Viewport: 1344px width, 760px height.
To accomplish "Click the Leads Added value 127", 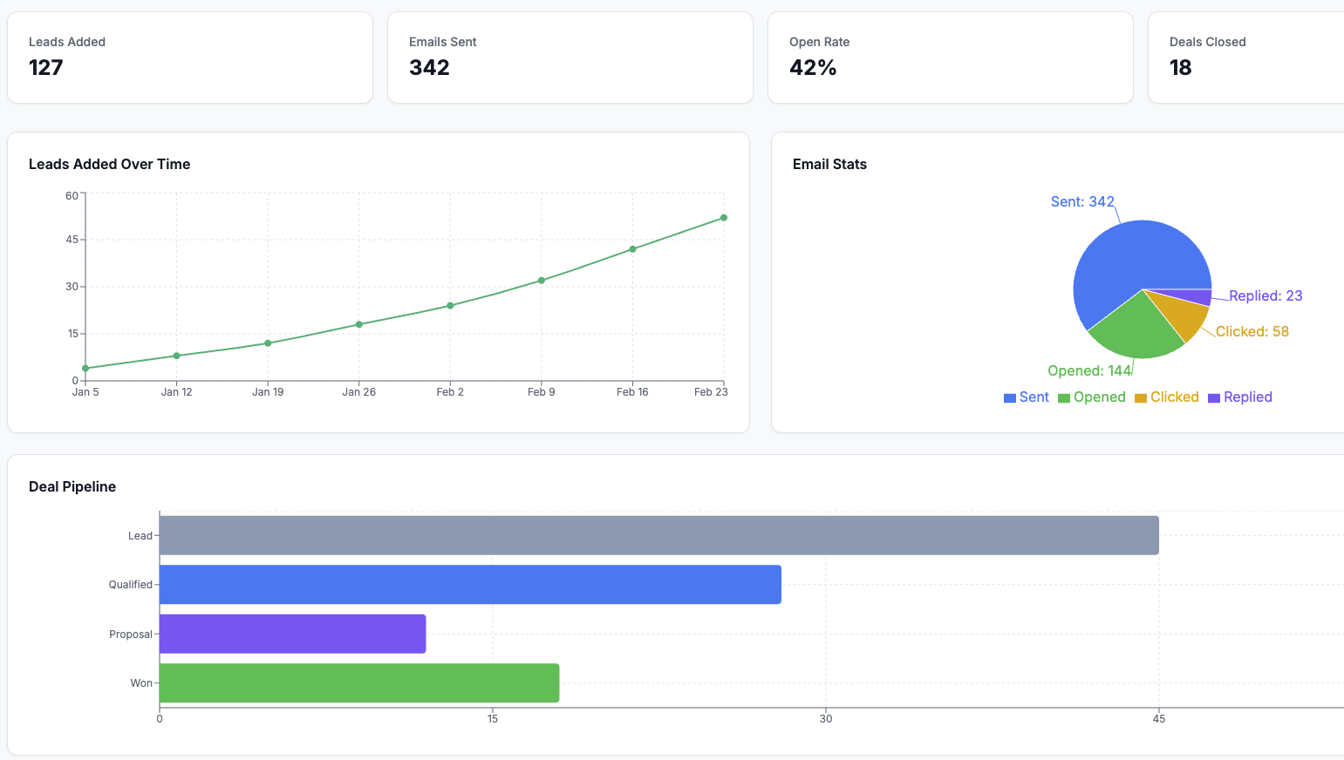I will pos(46,68).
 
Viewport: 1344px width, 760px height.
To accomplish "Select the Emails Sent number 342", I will pos(429,68).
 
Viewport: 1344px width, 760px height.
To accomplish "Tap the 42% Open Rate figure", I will pos(813,68).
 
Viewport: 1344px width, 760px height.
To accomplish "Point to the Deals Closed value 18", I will pos(1180,68).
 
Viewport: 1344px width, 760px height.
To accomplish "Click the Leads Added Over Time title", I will pos(109,164).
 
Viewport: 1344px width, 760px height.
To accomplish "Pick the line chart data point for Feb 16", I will pos(632,249).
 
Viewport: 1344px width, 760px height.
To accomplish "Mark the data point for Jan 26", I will pos(358,324).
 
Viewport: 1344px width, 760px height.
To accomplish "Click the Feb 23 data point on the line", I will pos(724,218).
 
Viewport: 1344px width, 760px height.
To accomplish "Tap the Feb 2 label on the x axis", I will pos(450,392).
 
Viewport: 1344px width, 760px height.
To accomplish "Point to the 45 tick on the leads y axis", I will pos(72,240).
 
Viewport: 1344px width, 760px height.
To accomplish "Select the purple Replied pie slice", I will pos(1200,297).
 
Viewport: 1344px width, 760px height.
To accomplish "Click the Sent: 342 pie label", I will pos(1082,201).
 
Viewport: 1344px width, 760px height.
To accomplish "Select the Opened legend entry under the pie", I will pos(1092,397).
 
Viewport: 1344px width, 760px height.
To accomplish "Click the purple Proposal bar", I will pos(292,634).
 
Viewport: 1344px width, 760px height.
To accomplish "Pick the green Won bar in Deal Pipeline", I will pos(358,683).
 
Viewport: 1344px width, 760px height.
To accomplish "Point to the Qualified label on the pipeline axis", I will pos(130,585).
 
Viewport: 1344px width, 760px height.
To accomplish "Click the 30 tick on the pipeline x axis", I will pos(826,719).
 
